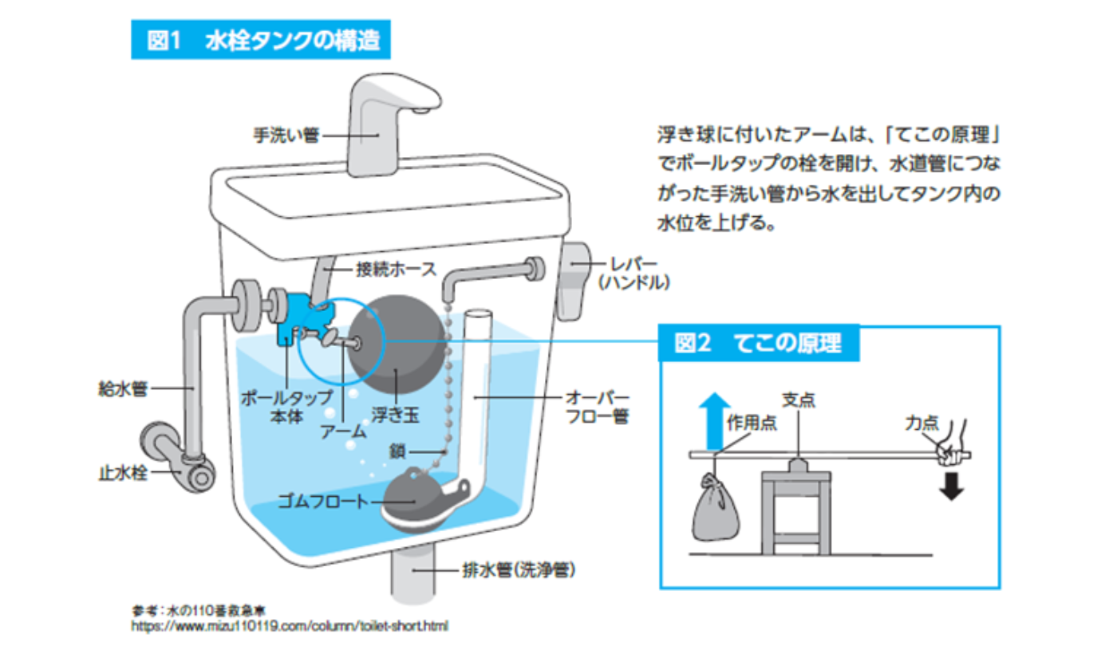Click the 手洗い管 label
point(286,135)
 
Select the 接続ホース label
point(397,270)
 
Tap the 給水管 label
point(128,388)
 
